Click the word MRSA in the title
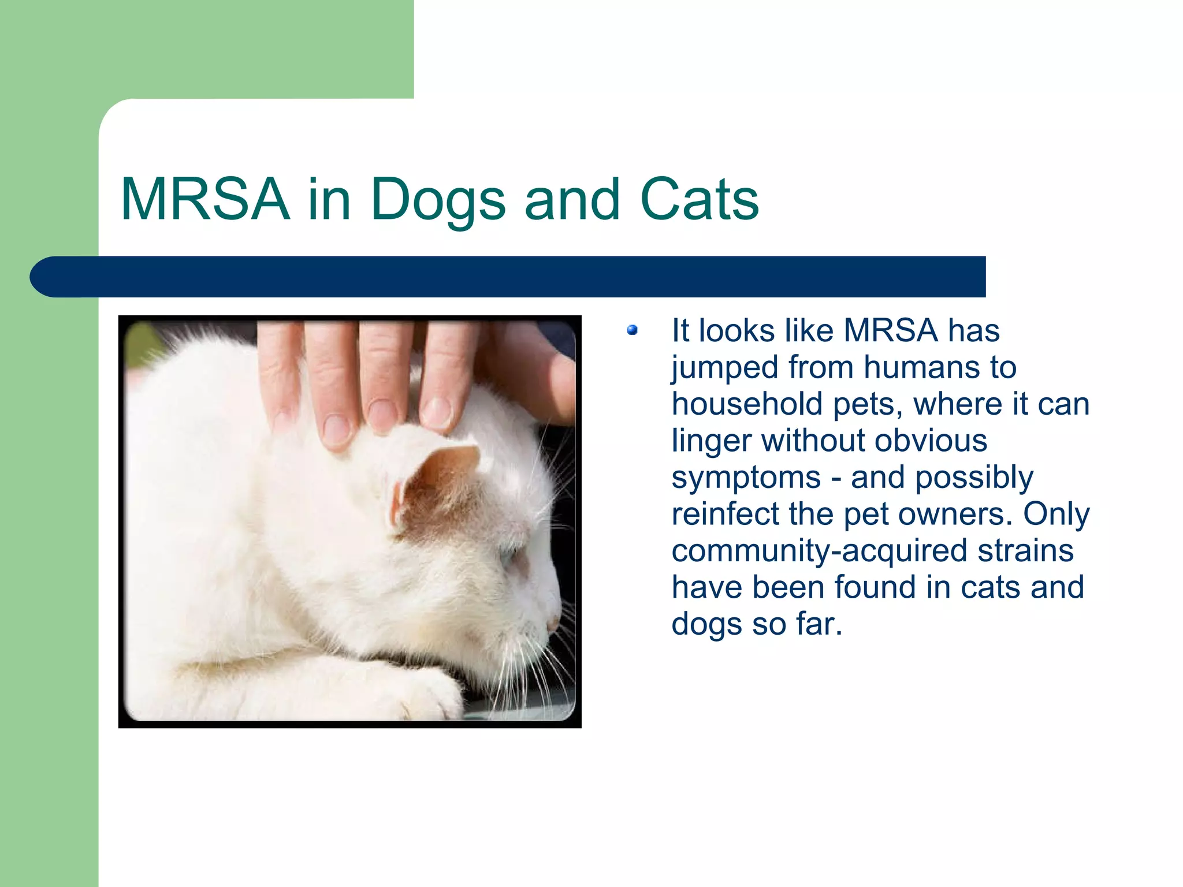[x=205, y=199]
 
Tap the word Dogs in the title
[x=438, y=199]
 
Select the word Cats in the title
[x=700, y=199]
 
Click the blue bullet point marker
[x=633, y=330]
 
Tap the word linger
[x=712, y=441]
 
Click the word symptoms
[x=746, y=478]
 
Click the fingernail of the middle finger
[x=382, y=415]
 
